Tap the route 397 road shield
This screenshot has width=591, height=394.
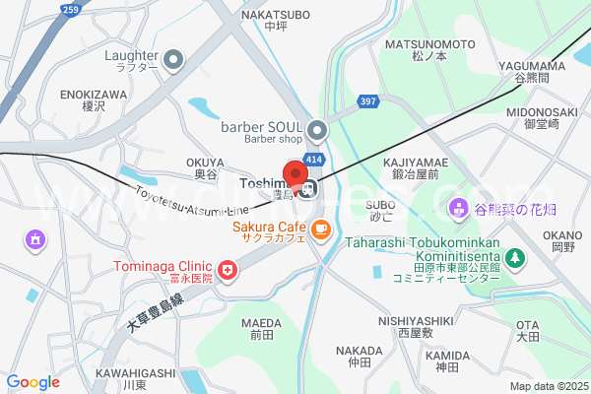[x=368, y=101]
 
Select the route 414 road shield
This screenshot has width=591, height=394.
[x=314, y=159]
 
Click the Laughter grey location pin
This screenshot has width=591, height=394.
[x=173, y=62]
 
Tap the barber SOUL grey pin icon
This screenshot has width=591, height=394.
[x=317, y=130]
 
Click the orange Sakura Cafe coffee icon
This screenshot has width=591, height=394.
[x=319, y=230]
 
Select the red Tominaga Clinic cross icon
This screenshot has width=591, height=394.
[x=228, y=269]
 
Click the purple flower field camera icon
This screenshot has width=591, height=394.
[x=458, y=209]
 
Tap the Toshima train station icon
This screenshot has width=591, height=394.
[x=308, y=188]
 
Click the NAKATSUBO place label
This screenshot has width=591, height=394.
[x=275, y=16]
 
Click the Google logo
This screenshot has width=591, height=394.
[x=33, y=381]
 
